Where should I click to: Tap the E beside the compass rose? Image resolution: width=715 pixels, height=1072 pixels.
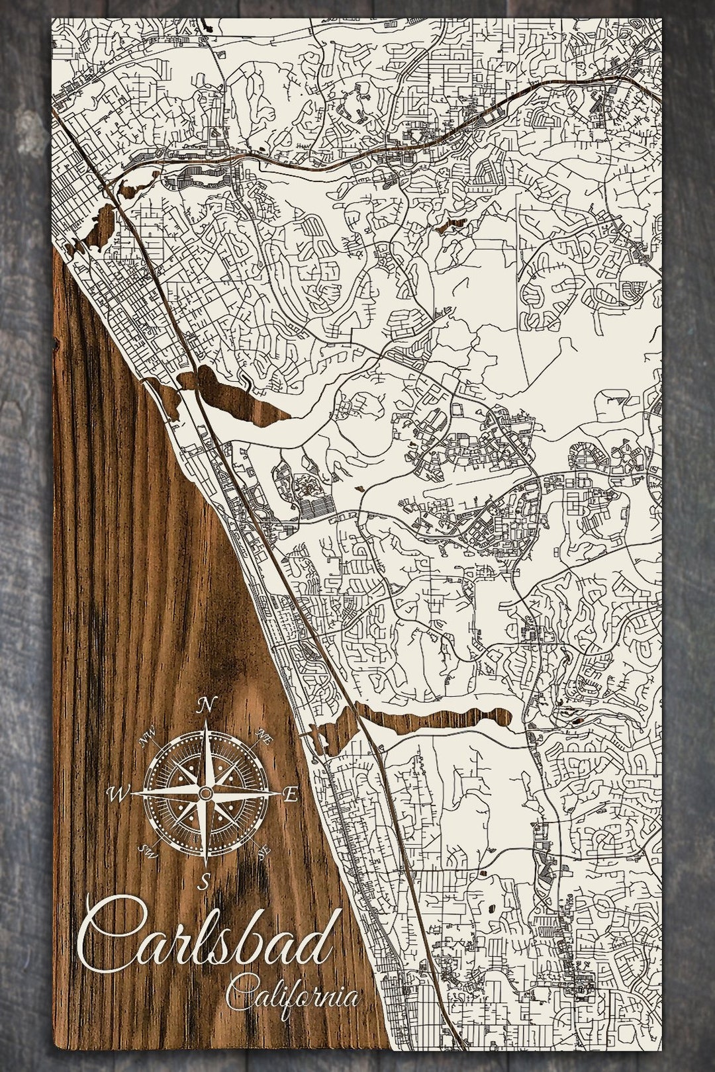click(x=289, y=795)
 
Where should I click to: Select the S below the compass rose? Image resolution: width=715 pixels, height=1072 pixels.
click(x=205, y=880)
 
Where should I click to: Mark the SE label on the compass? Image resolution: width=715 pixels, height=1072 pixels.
click(x=263, y=850)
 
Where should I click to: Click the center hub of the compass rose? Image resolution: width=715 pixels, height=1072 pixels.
click(x=206, y=793)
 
